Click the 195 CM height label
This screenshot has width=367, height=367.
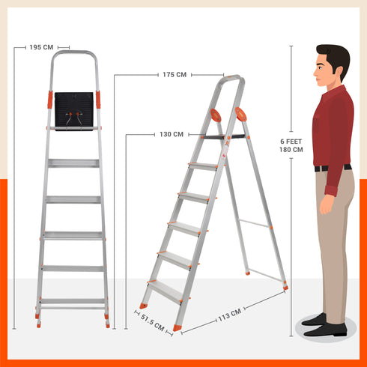(41, 46)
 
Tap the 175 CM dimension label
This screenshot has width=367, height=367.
(174, 74)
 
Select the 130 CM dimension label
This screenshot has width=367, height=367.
(171, 135)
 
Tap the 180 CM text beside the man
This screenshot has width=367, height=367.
(291, 150)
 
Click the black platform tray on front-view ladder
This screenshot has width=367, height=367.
(73, 110)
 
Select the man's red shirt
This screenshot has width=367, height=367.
(332, 127)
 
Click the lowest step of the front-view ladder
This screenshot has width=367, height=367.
(73, 302)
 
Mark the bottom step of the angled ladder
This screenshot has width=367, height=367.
(164, 291)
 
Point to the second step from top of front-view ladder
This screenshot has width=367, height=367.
(73, 199)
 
